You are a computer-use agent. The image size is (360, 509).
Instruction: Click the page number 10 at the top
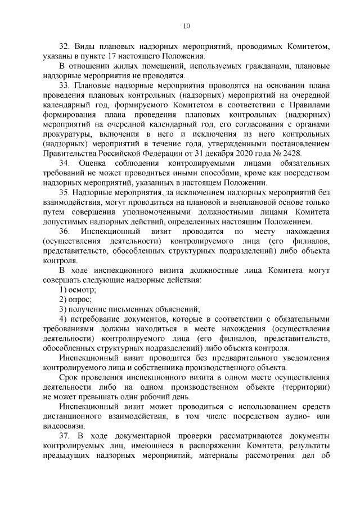click(186, 25)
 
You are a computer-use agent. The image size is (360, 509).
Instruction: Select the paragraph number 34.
click(65, 163)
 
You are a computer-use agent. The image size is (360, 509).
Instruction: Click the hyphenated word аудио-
click(290, 416)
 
